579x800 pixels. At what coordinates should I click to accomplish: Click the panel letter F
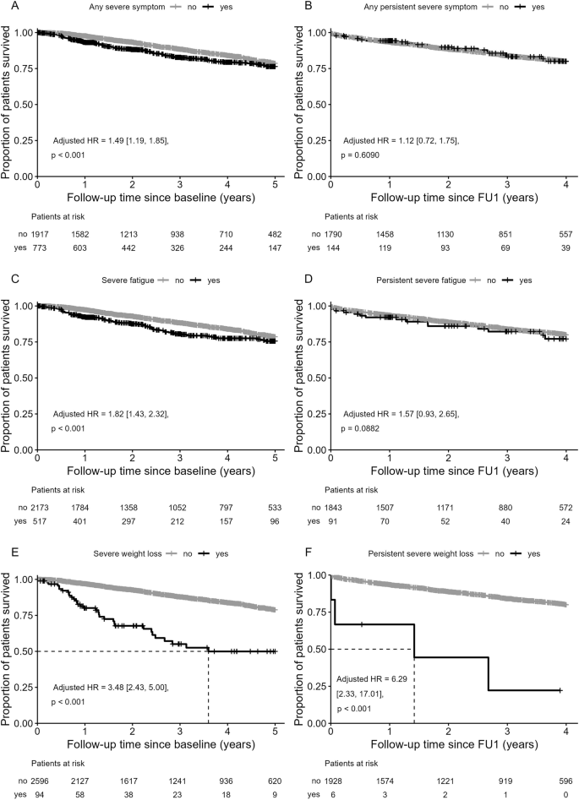298,552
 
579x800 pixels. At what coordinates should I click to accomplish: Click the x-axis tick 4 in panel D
565,460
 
